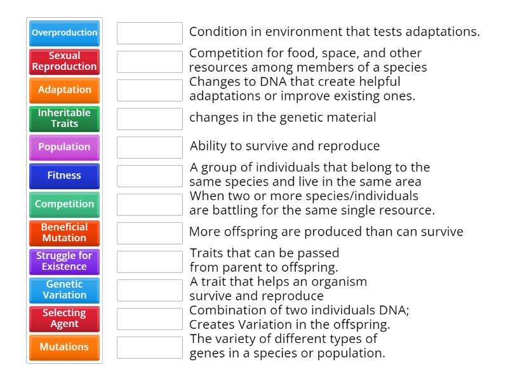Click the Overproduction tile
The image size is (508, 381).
tap(64, 33)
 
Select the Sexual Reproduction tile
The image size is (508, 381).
tap(64, 61)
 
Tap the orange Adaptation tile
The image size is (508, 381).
tap(64, 90)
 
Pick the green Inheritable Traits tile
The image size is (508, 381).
tap(64, 119)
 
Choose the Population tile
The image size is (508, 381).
tap(64, 147)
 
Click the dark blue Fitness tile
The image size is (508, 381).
tap(64, 176)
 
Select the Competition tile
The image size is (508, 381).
tap(64, 204)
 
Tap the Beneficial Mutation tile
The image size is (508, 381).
tap(64, 233)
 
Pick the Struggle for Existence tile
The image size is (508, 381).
tap(64, 262)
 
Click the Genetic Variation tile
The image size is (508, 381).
tap(64, 290)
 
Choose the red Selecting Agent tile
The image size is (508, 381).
tap(64, 319)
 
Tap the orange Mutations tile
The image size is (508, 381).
tap(64, 347)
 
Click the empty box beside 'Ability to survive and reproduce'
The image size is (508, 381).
tap(150, 147)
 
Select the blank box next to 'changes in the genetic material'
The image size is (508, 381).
tap(150, 119)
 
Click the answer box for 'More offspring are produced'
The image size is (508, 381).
tap(150, 233)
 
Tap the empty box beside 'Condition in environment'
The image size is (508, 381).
tap(150, 33)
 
